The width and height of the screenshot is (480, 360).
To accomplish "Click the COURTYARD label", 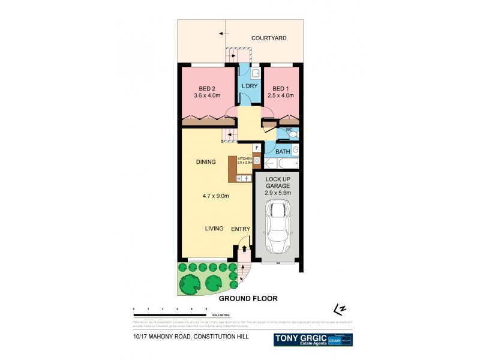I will tap(268, 38).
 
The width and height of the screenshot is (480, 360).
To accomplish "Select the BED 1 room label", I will tap(280, 91).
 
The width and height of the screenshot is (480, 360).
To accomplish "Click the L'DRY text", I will tap(249, 86).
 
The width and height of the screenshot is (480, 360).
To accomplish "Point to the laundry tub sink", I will tap(254, 73).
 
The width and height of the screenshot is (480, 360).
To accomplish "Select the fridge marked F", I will tap(256, 148).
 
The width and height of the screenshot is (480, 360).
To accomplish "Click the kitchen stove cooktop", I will tap(256, 161).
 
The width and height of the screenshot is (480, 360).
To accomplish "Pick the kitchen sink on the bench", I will tap(245, 178).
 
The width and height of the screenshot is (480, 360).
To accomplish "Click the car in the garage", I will tap(277, 227).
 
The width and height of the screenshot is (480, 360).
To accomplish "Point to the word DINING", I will tap(206, 163).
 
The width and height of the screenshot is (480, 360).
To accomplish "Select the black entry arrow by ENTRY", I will tap(244, 248).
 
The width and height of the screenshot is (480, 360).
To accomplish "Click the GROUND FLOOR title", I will tap(248, 298).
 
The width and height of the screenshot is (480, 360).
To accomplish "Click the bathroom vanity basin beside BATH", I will tap(295, 150).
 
